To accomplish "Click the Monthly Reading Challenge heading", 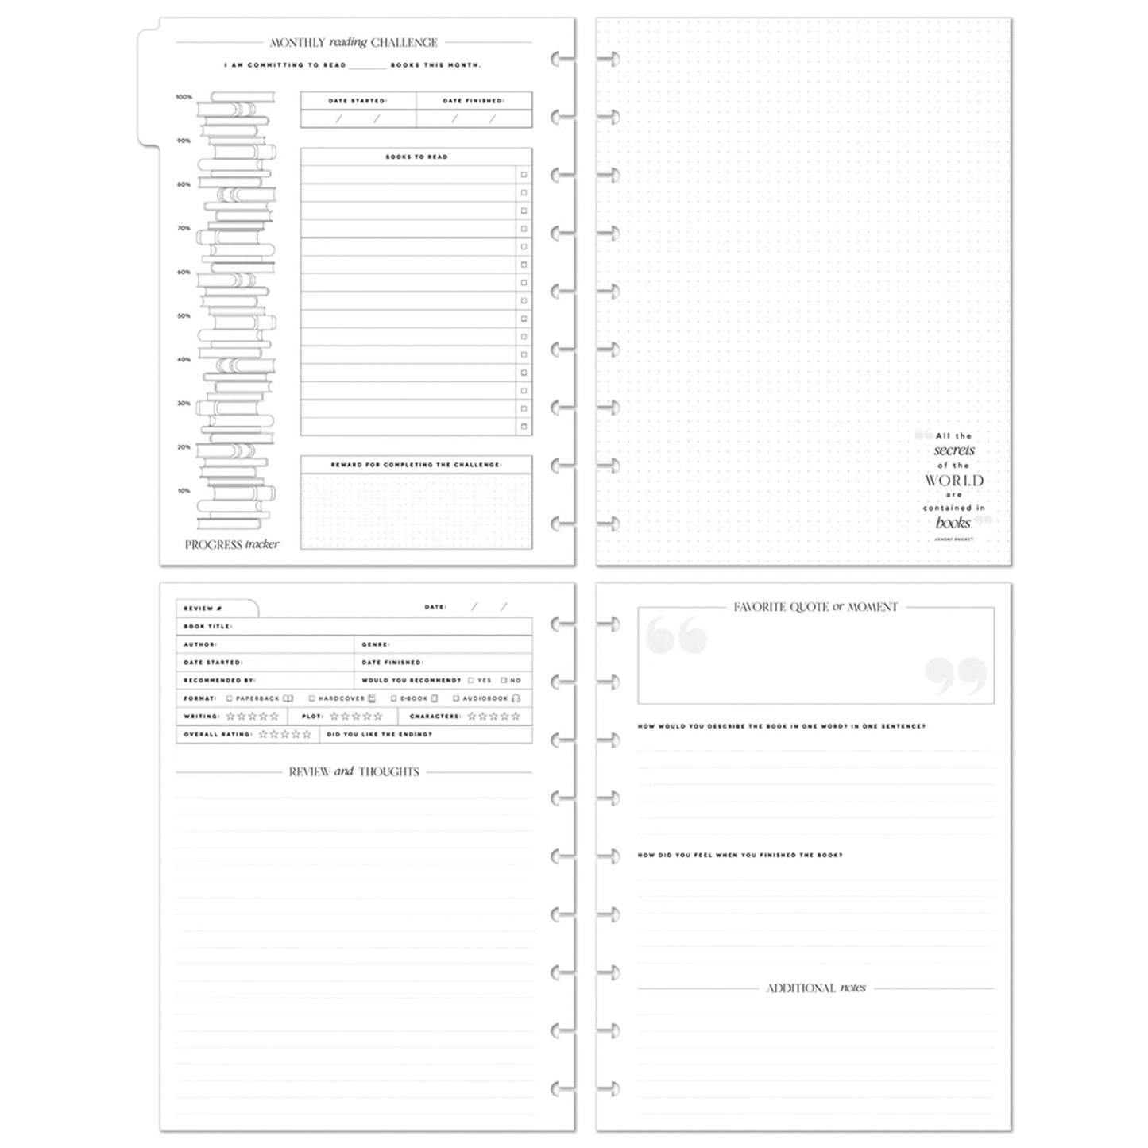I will click(354, 43).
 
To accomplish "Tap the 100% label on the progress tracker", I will click(184, 97).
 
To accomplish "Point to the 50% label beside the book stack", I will click(184, 316).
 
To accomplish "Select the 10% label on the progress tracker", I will click(184, 491).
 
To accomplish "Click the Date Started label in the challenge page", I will click(358, 101).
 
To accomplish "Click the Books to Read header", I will click(416, 157).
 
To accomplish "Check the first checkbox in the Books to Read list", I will click(524, 175).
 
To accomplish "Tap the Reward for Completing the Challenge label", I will click(416, 465).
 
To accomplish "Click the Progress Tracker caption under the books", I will click(232, 545).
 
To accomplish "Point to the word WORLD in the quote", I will click(954, 481).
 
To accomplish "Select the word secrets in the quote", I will click(954, 450).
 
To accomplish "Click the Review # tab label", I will click(199, 609).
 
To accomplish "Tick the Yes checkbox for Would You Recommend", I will click(471, 681).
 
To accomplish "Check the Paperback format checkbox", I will click(230, 699).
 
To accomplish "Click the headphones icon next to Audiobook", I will click(516, 699).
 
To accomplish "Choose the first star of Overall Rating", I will click(264, 735).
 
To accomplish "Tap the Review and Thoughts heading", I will click(354, 772).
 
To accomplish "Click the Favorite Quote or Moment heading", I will click(815, 607).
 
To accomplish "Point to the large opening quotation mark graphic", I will click(676, 635).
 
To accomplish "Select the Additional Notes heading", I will click(816, 988).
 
